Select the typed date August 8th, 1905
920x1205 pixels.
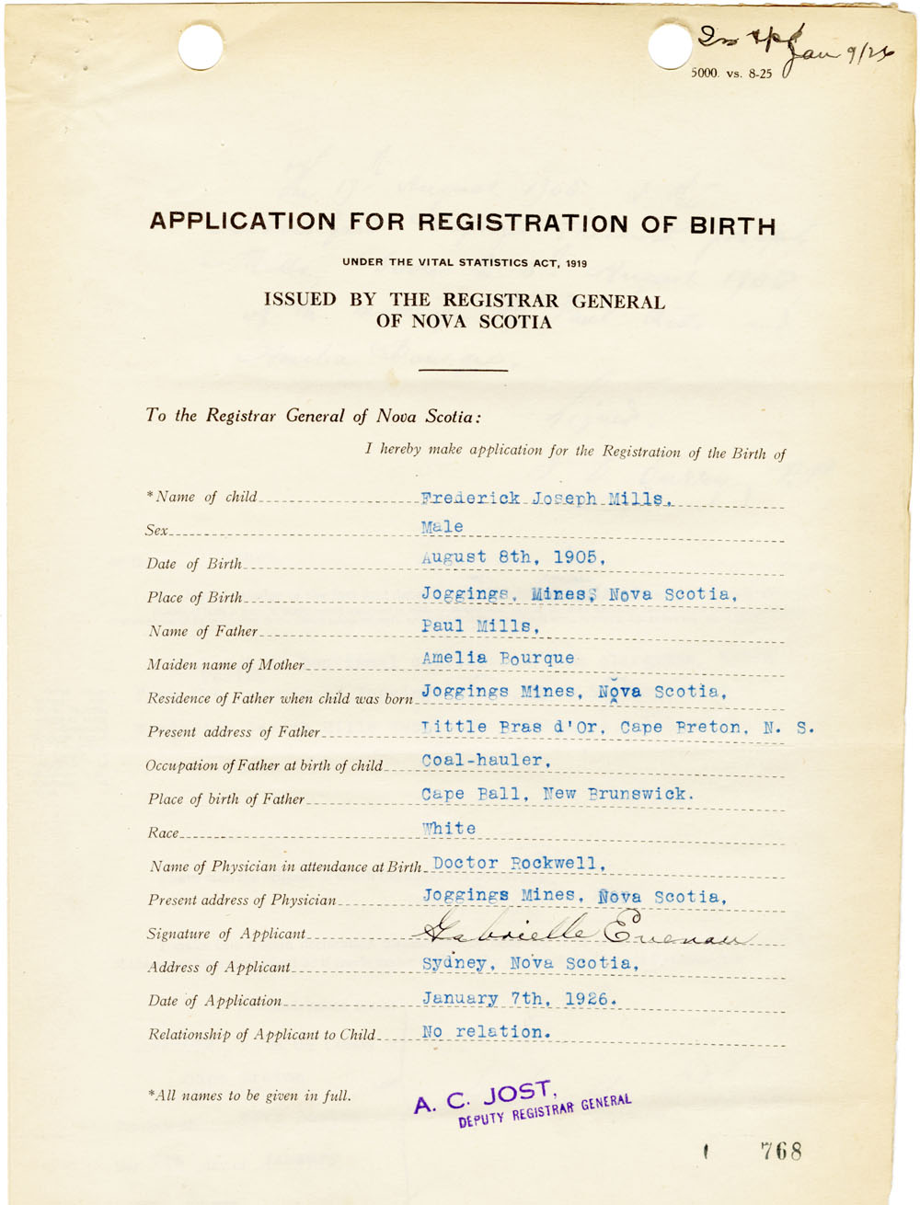coord(513,557)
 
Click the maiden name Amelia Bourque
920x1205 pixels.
coord(498,659)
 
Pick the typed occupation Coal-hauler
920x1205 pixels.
coord(486,760)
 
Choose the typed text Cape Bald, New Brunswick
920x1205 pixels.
coord(558,794)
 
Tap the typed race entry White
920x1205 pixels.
coord(449,828)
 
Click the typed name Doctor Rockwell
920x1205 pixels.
coord(519,863)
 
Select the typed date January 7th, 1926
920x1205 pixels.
coord(519,998)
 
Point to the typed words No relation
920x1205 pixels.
coord(486,1032)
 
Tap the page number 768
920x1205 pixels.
coord(781,1151)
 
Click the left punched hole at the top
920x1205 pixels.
coord(201,46)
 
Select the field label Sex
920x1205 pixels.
coord(156,531)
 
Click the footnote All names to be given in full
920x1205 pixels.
coord(248,1096)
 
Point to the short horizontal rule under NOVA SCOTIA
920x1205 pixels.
coord(463,370)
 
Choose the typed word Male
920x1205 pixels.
coord(443,527)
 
